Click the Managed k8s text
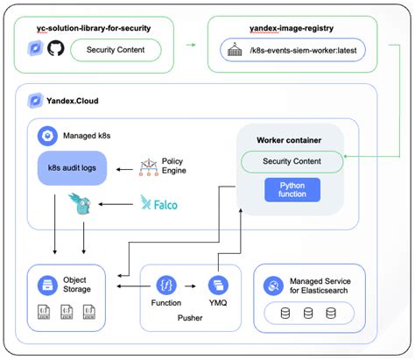point(87,137)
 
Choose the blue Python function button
point(292,189)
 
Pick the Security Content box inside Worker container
point(292,161)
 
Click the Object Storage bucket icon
point(45,285)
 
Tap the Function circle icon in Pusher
point(166,285)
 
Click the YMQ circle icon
point(216,285)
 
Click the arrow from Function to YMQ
point(191,285)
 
